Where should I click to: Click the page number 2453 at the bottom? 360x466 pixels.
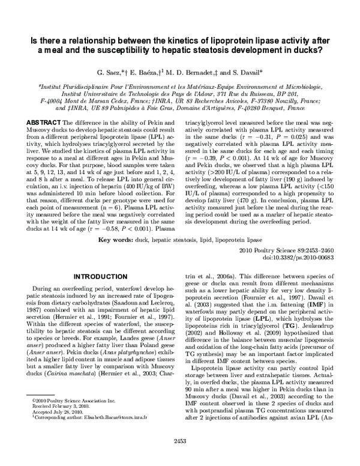pyautogui.click(x=180, y=458)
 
